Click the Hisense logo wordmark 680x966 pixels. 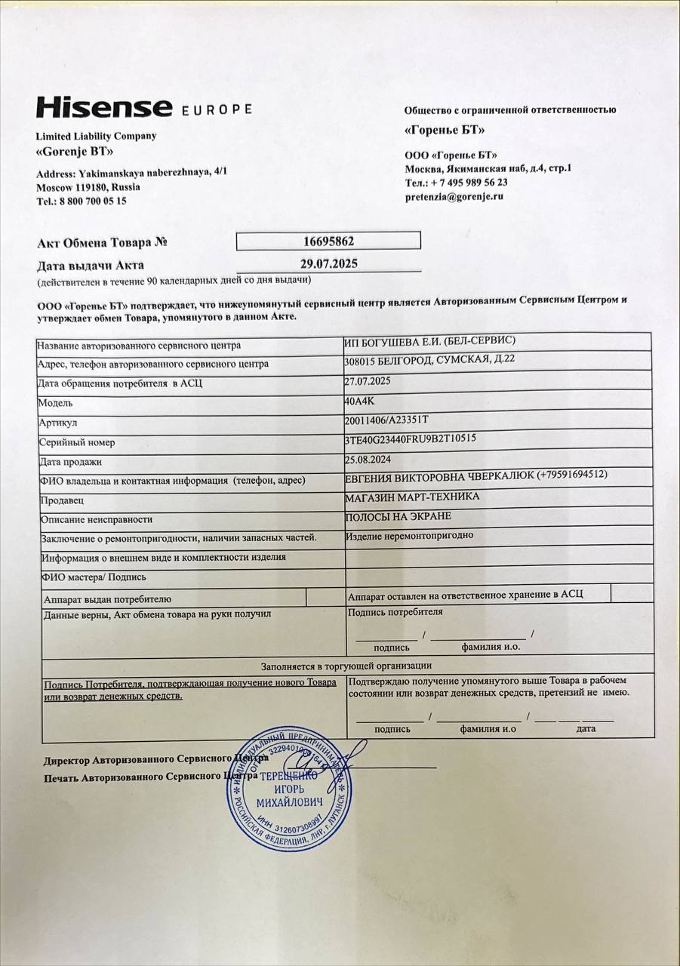tap(104, 107)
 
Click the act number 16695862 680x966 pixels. tap(328, 241)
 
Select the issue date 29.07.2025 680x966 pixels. tap(328, 263)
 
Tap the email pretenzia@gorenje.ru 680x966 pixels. tap(454, 196)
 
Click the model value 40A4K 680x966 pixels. tap(359, 401)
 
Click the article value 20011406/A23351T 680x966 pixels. tap(386, 420)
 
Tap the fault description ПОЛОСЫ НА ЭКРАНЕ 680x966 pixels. tap(398, 516)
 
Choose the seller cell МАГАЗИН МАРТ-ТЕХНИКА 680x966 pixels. tap(411, 497)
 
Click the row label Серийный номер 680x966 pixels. tap(76, 442)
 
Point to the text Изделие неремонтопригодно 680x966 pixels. tap(411, 536)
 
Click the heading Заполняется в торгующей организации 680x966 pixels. tap(346, 666)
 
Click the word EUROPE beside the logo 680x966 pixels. tap(217, 109)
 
